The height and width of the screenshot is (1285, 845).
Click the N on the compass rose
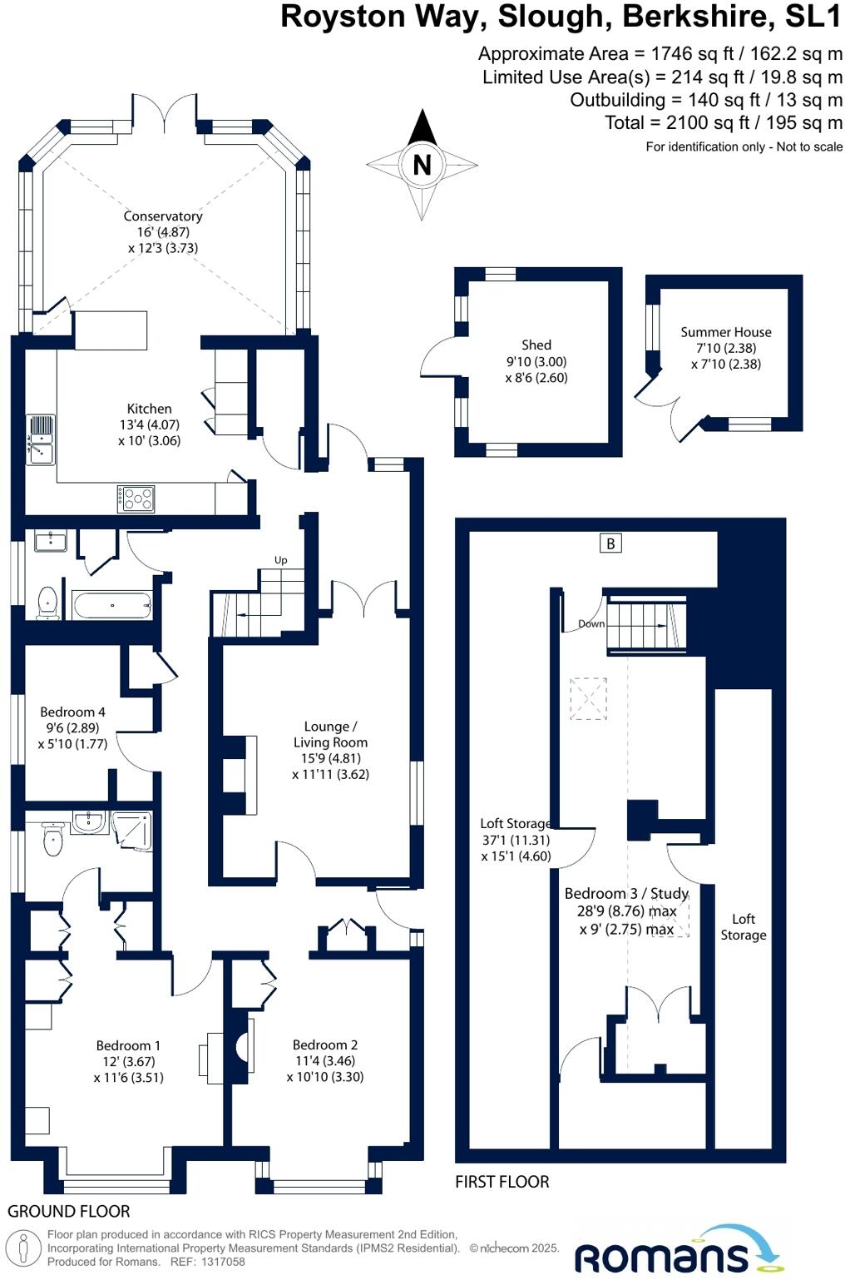click(422, 165)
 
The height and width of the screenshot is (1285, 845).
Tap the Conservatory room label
click(163, 216)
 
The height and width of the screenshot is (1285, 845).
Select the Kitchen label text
click(149, 409)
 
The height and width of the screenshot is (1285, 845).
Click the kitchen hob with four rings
click(136, 499)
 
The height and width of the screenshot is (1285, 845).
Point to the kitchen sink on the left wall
click(40, 439)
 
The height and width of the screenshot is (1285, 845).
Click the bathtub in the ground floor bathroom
click(112, 604)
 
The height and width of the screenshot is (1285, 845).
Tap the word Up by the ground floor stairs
click(281, 560)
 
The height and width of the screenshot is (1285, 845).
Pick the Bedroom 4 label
click(72, 712)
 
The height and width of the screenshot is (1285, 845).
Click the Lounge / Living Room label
click(330, 734)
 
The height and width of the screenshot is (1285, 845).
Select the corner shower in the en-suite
click(132, 831)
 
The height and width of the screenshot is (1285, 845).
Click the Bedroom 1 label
click(128, 1046)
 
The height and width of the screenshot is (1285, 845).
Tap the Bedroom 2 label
click(325, 1045)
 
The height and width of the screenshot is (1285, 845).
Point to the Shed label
click(536, 345)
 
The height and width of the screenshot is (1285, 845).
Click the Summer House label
click(726, 332)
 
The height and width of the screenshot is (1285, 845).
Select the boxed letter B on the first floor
click(610, 543)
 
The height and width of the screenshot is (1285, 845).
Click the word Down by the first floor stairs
click(591, 624)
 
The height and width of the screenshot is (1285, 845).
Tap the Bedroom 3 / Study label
click(626, 894)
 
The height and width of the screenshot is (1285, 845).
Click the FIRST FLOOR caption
click(502, 1182)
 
